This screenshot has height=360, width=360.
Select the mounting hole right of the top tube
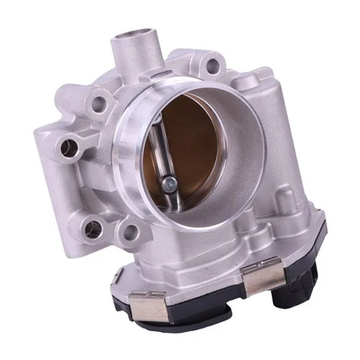pyautogui.click(x=212, y=65)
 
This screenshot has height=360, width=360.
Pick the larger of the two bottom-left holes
pyautogui.click(x=93, y=229)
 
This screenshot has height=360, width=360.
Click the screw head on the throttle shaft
pyautogui.click(x=168, y=184)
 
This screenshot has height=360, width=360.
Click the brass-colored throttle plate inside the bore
pyautogui.click(x=193, y=153)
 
